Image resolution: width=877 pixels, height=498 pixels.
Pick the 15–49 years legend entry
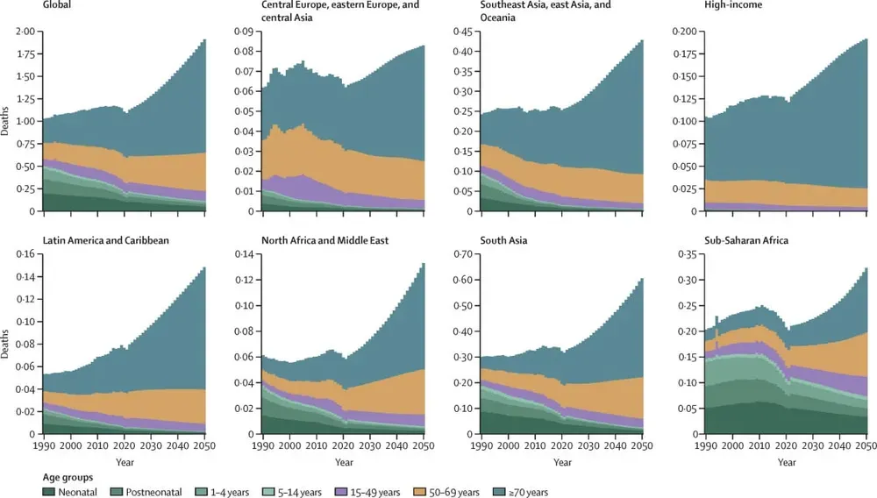374,492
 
